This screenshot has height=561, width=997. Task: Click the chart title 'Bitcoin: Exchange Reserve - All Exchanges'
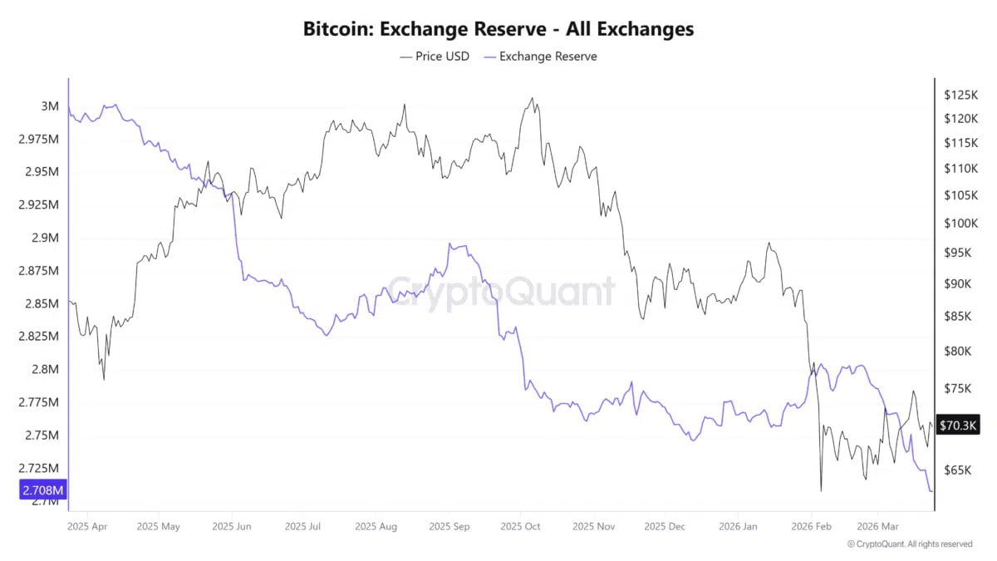tap(498, 29)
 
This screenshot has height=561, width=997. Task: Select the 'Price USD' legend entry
tap(434, 57)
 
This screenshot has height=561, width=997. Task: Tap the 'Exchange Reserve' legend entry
tap(540, 57)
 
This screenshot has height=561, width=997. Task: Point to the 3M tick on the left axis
tap(49, 106)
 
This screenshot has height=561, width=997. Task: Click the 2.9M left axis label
tap(45, 238)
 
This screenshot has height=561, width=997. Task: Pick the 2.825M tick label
tap(39, 337)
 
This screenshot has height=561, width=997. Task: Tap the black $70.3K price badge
tap(959, 426)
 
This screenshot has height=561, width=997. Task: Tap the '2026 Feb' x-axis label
tap(813, 526)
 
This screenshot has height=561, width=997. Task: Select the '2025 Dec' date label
tap(665, 526)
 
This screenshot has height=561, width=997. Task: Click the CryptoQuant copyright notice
tap(909, 544)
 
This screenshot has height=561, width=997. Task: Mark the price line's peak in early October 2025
tap(531, 98)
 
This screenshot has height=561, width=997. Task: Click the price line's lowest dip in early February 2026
tap(821, 490)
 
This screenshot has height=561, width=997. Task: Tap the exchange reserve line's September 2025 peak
tap(449, 244)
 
